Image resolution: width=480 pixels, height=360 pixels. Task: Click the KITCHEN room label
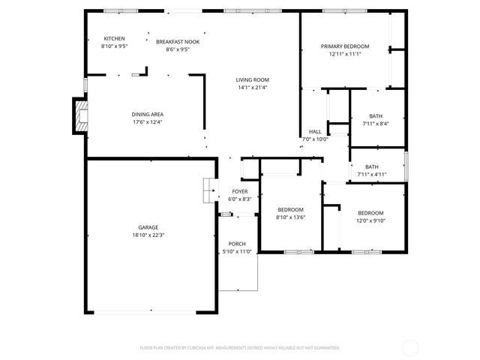(115, 39)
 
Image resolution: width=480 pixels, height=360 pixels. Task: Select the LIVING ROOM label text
(252, 79)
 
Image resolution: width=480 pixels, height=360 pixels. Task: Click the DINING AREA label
(147, 115)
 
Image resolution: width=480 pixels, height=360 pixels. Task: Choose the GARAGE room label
(148, 227)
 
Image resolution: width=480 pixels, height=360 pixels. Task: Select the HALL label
(315, 131)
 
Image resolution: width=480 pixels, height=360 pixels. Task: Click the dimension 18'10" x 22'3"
(148, 235)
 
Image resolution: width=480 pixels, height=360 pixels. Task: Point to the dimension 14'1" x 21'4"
(252, 87)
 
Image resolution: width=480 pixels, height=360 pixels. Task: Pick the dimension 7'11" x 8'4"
(375, 124)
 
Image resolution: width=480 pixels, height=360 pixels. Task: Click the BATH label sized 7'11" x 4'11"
(372, 167)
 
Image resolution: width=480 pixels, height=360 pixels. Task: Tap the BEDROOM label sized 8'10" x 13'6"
(290, 209)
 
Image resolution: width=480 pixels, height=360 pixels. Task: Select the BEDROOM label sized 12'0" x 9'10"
(370, 213)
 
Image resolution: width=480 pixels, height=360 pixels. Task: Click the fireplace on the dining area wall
(80, 116)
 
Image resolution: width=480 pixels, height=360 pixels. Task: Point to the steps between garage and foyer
(208, 190)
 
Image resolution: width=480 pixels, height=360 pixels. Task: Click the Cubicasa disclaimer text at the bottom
(240, 348)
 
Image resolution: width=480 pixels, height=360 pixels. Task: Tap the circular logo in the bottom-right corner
(410, 347)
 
